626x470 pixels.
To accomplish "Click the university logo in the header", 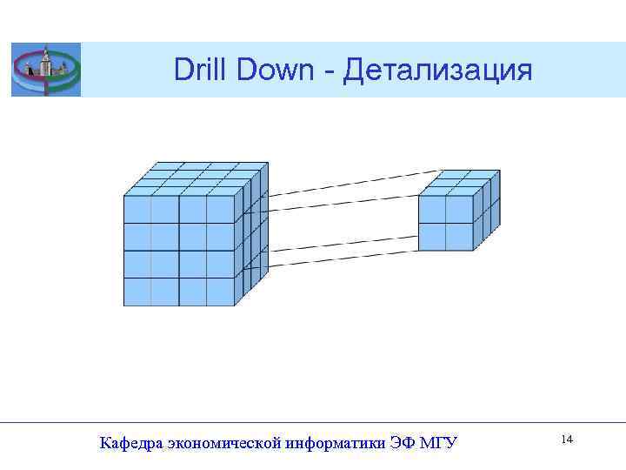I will pyautogui.click(x=45, y=70).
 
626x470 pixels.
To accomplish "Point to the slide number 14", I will pyautogui.click(x=567, y=440).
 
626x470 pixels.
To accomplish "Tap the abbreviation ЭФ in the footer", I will pyautogui.click(x=402, y=444).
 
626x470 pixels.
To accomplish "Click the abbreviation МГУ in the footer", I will pyautogui.click(x=438, y=444).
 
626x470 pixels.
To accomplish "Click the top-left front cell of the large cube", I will pyautogui.click(x=137, y=210).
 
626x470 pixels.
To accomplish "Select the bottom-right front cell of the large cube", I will pyautogui.click(x=221, y=292).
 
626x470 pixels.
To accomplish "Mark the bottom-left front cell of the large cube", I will pyautogui.click(x=137, y=292).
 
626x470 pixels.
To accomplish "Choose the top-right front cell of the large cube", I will pyautogui.click(x=221, y=210).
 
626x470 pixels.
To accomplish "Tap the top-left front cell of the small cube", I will pyautogui.click(x=432, y=210).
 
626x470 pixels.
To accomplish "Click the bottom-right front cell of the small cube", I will pyautogui.click(x=459, y=237).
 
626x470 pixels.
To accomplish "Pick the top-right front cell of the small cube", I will pyautogui.click(x=459, y=210).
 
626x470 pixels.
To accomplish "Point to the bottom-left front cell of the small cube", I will pyautogui.click(x=432, y=237).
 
